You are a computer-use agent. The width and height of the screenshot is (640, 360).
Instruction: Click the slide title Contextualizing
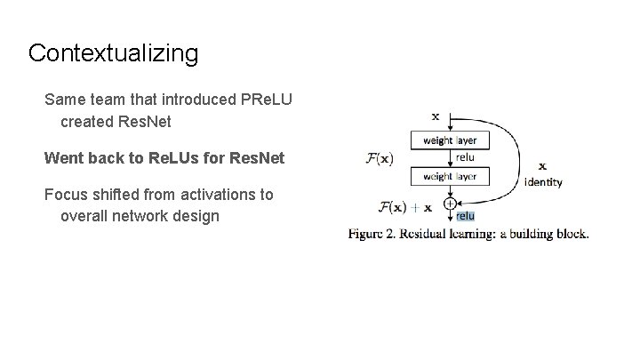pos(113,53)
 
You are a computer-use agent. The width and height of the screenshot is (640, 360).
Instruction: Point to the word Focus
pos(66,194)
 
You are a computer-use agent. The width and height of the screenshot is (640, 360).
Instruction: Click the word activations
pos(212,194)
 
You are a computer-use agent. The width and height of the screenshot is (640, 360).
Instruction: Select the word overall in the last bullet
pos(86,216)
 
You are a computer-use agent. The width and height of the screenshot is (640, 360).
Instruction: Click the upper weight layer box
pos(450,140)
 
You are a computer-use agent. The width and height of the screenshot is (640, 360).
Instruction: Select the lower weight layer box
pos(450,176)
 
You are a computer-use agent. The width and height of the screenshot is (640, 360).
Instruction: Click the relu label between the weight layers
pos(464,157)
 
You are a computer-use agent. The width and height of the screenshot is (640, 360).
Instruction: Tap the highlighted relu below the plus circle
pos(466,216)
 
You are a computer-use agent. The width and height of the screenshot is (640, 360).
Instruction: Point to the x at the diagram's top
pos(436,116)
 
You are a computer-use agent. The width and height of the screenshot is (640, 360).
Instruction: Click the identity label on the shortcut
pos(543,182)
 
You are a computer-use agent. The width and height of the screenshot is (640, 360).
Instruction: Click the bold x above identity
pos(543,165)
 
